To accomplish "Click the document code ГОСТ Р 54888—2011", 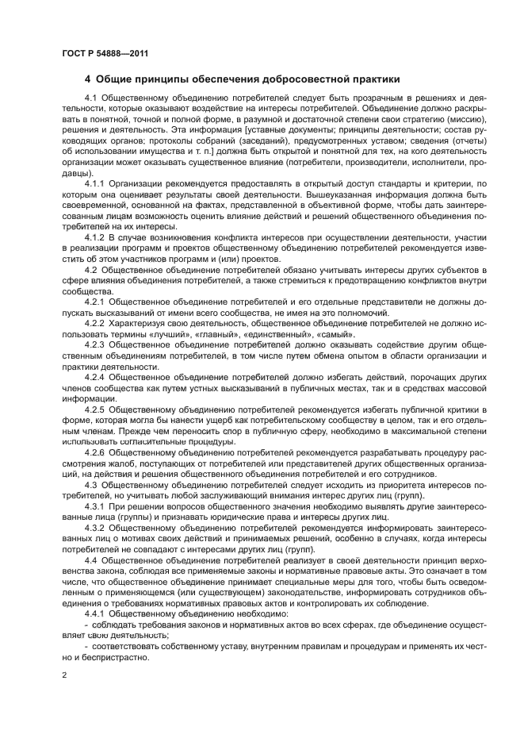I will point(105,54).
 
